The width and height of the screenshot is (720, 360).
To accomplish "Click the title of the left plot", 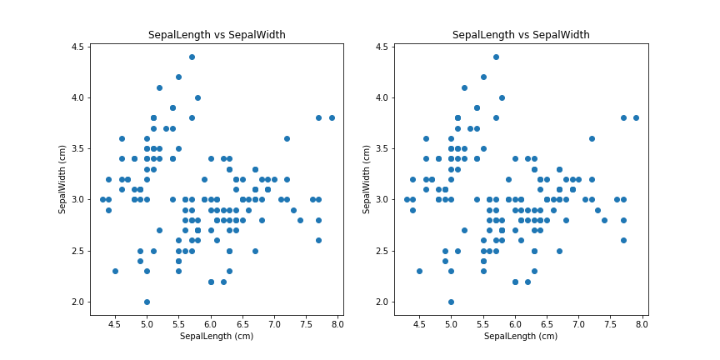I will pyautogui.click(x=217, y=35).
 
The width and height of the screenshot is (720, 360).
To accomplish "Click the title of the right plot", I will pyautogui.click(x=521, y=35).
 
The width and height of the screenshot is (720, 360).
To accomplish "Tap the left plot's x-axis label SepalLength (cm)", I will pyautogui.click(x=217, y=336).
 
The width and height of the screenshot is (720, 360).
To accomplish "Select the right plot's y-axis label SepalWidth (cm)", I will pyautogui.click(x=367, y=179).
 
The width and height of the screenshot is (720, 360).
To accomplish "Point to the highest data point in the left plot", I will pyautogui.click(x=192, y=57).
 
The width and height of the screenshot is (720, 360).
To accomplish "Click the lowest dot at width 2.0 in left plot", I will pyautogui.click(x=147, y=302).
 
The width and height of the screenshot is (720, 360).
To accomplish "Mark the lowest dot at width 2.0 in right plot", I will pyautogui.click(x=451, y=302).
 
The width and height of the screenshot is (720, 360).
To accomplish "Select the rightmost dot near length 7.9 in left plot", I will pyautogui.click(x=332, y=117).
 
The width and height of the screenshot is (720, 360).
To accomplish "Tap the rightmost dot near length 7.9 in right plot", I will pyautogui.click(x=636, y=117).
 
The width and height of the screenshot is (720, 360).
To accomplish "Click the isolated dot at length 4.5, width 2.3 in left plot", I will pyautogui.click(x=115, y=271).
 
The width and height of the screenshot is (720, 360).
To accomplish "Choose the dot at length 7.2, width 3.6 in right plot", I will pyautogui.click(x=592, y=138).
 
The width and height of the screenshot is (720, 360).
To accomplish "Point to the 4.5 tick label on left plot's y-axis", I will pyautogui.click(x=77, y=47).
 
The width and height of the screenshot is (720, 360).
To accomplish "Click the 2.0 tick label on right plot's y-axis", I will pyautogui.click(x=381, y=302).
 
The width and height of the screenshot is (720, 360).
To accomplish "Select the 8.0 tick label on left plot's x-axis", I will pyautogui.click(x=337, y=323).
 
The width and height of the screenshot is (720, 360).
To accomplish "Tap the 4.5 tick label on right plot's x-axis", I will pyautogui.click(x=419, y=323).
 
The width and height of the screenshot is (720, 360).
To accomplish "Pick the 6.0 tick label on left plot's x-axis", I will pyautogui.click(x=211, y=323).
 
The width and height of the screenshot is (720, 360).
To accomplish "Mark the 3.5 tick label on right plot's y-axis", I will pyautogui.click(x=381, y=148).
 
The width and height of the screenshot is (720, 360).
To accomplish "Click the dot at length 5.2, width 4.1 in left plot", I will pyautogui.click(x=159, y=87).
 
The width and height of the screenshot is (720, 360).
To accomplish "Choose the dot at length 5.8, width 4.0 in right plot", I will pyautogui.click(x=502, y=97).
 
